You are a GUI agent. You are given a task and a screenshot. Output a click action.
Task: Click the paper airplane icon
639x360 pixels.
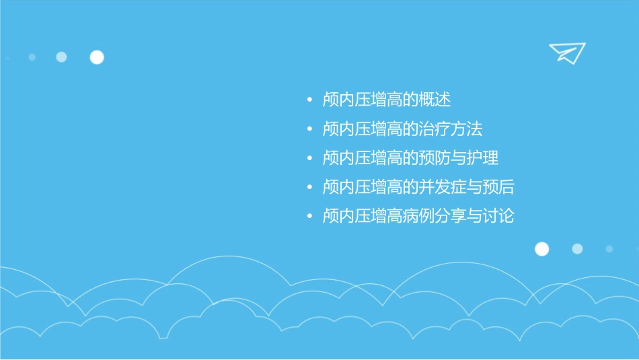566,52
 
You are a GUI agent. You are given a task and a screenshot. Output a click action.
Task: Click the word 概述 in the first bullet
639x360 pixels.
435,100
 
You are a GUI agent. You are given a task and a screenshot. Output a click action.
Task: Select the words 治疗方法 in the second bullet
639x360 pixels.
451,129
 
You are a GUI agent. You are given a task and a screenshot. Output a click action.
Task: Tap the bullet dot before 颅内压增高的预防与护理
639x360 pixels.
309,159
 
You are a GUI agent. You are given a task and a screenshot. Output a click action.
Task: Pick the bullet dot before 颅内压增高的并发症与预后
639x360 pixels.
309,188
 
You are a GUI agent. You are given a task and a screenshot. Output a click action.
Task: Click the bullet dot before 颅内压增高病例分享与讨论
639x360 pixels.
309,217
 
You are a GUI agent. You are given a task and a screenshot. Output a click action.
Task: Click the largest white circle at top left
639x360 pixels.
97,57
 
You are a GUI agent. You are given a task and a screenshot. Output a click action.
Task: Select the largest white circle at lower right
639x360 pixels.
541,249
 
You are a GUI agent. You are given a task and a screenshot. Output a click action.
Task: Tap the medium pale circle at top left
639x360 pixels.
61,57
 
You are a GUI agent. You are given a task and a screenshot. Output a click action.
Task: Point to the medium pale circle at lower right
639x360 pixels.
577,249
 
